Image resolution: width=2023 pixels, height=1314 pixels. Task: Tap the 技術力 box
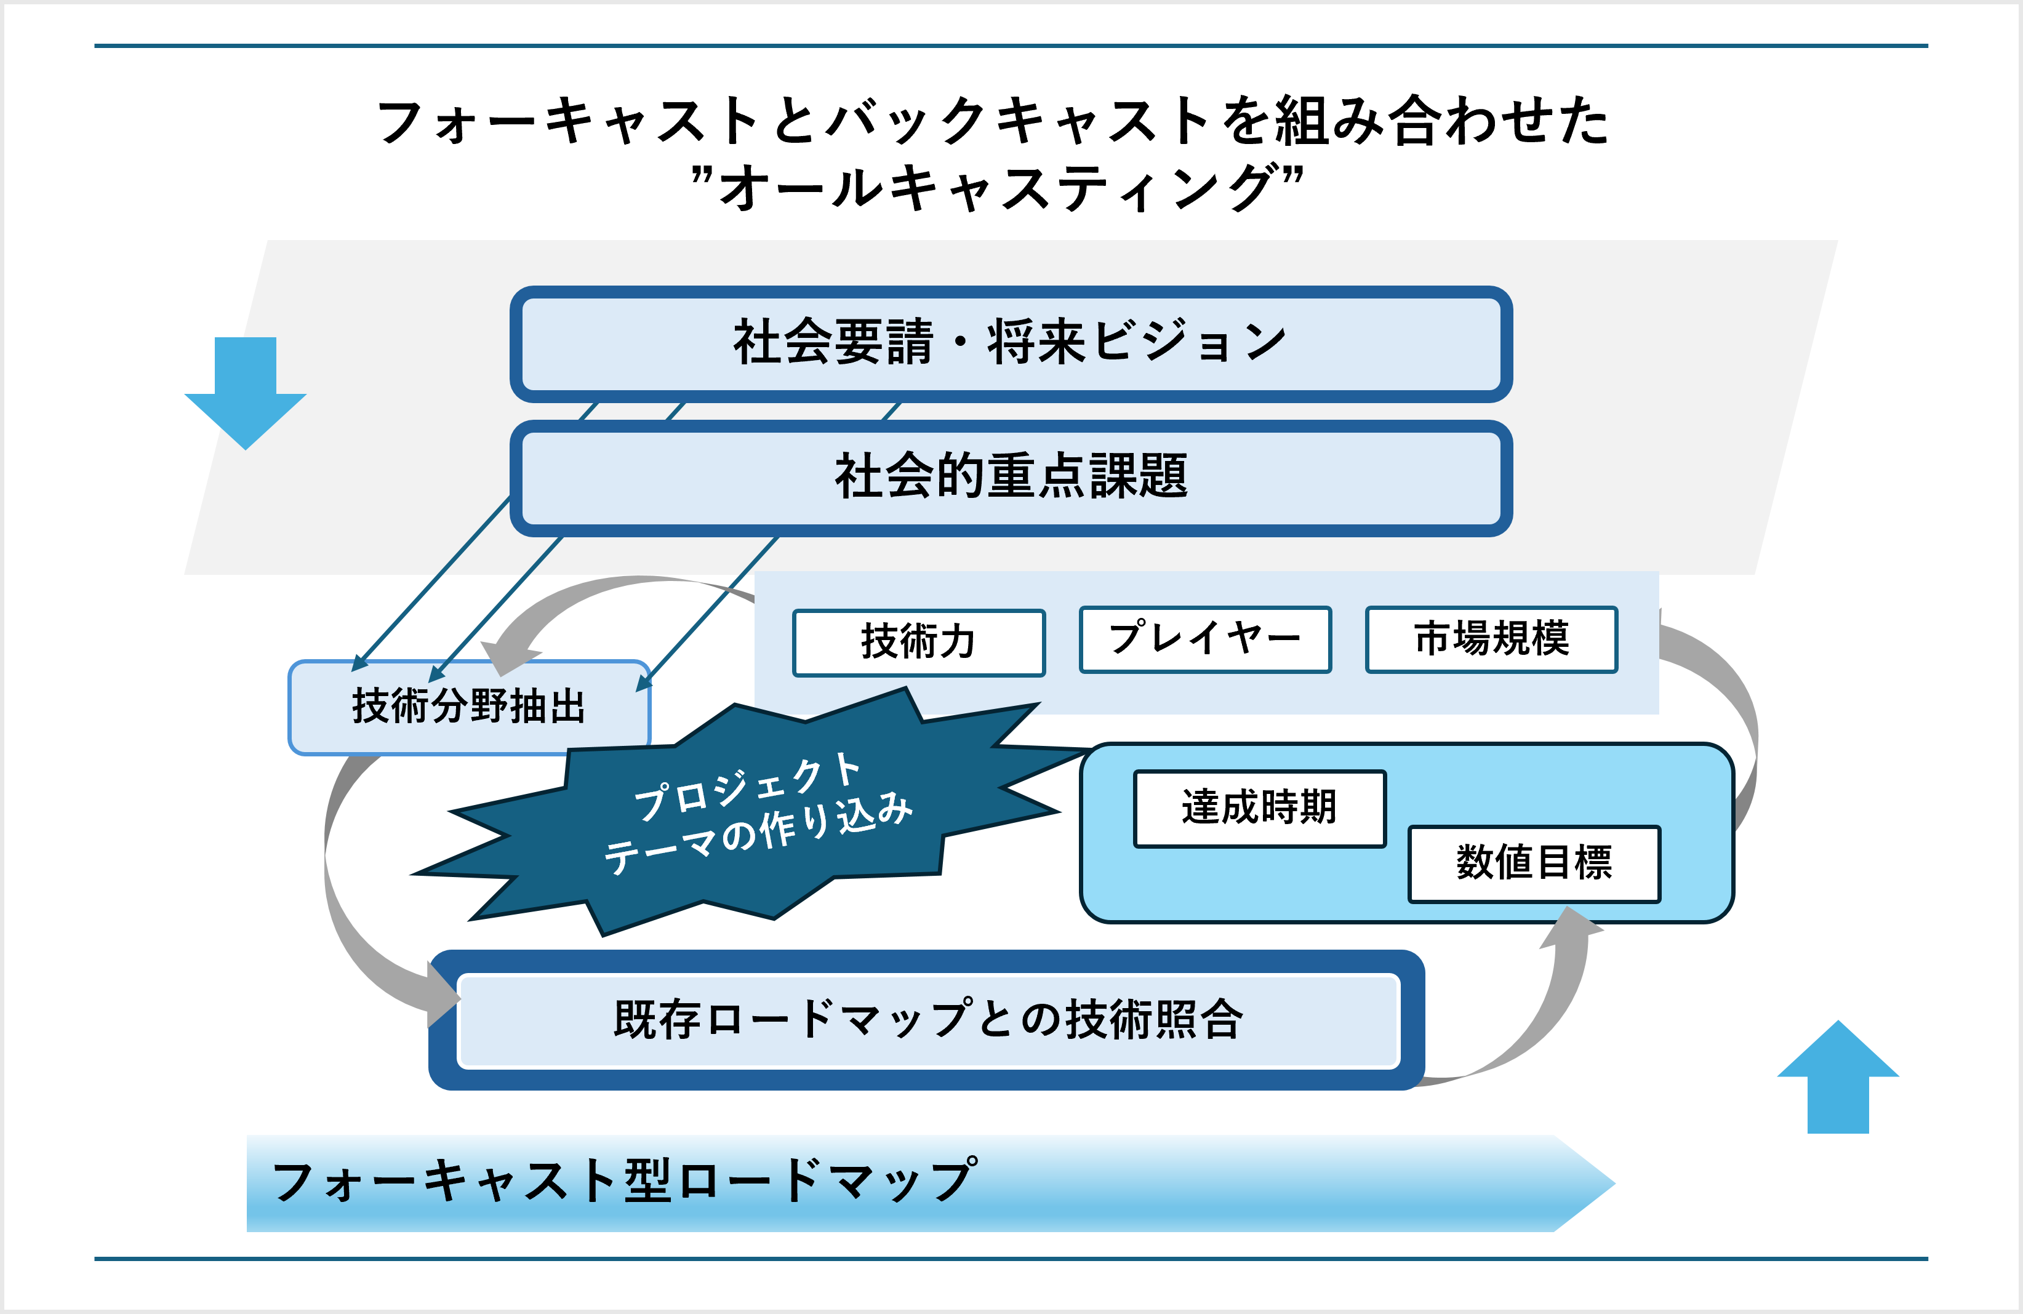(918, 643)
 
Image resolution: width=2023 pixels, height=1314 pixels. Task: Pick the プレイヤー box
(1204, 639)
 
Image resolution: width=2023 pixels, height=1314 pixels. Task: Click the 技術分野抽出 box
(469, 707)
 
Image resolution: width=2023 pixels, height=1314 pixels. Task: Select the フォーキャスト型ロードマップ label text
(625, 1182)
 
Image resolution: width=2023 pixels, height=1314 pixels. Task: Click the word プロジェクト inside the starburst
(748, 786)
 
